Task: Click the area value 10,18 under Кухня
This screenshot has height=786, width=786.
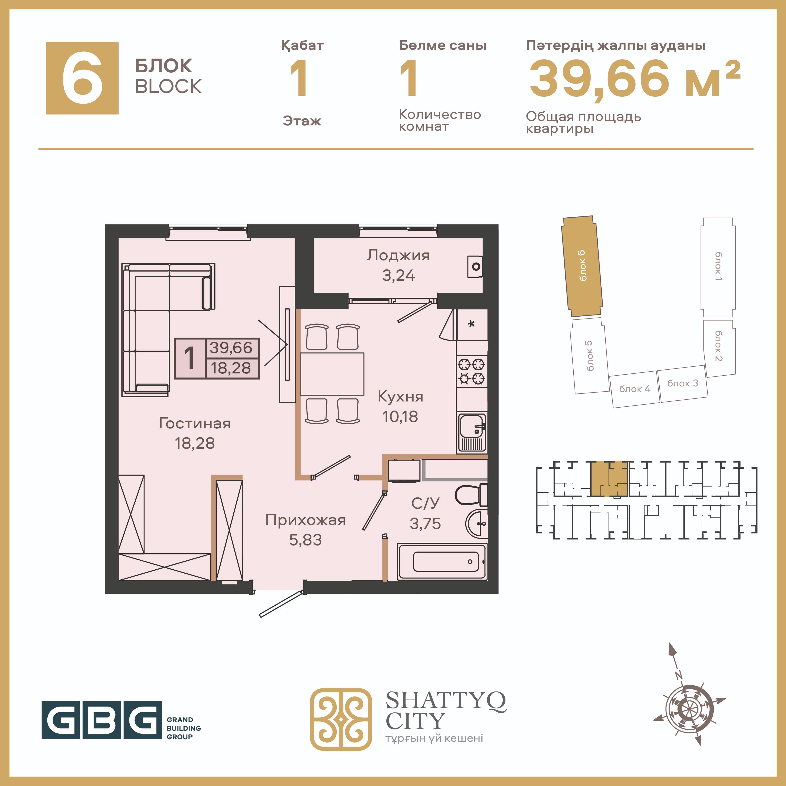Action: pyautogui.click(x=400, y=417)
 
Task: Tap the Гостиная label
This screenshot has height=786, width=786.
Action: pyautogui.click(x=195, y=423)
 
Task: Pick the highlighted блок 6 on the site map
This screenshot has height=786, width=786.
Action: pyautogui.click(x=582, y=266)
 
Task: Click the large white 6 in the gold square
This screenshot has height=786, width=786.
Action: pyautogui.click(x=83, y=78)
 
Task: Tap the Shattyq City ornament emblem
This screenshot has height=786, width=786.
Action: pyautogui.click(x=341, y=719)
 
